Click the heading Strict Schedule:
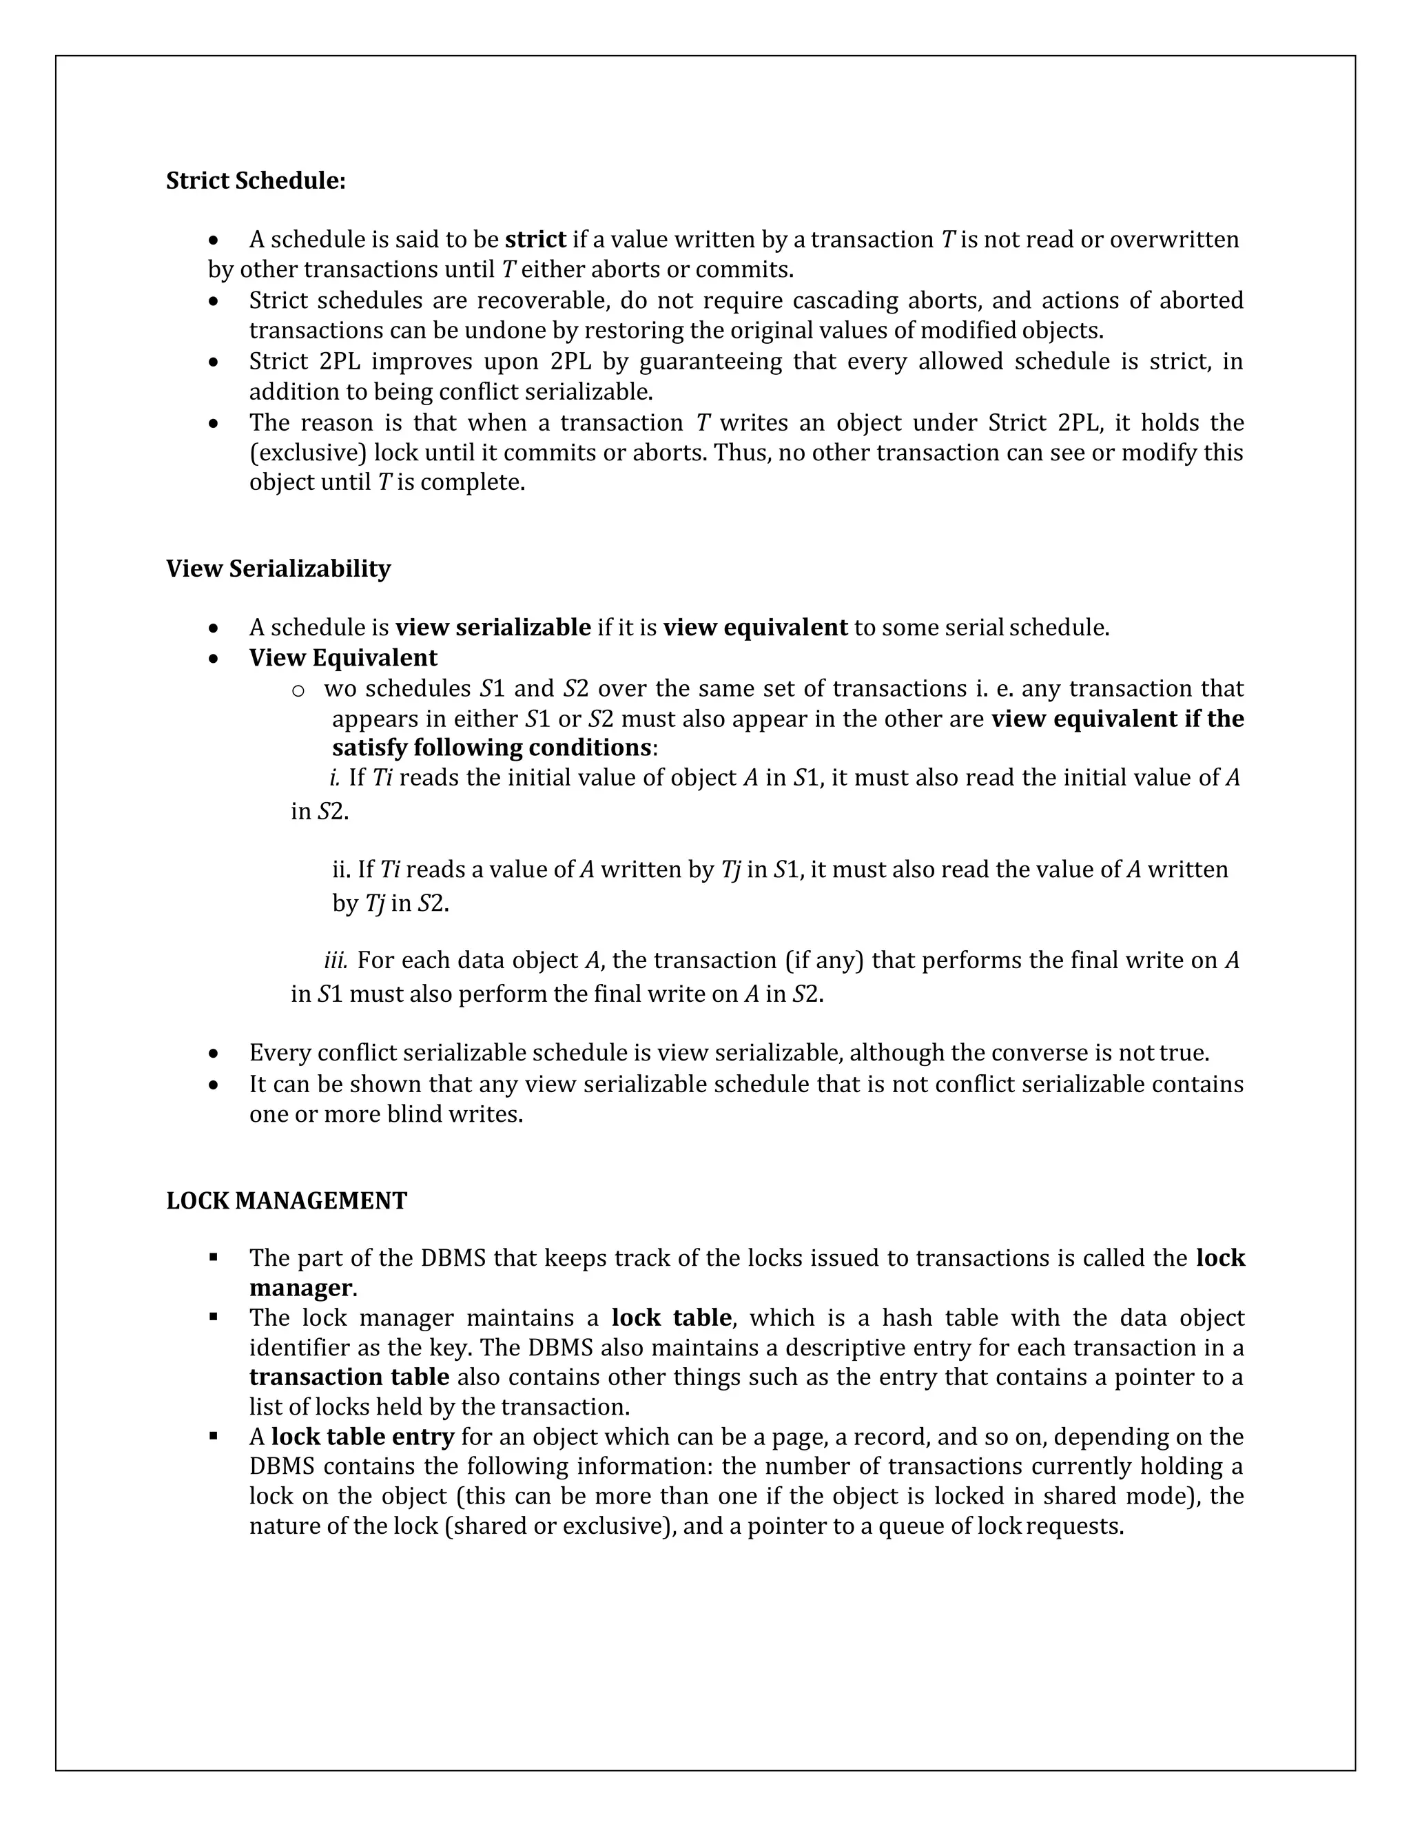256,181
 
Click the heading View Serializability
278,568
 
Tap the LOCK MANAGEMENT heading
287,1200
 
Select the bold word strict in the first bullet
536,240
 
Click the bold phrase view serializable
493,628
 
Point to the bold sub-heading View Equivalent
342,658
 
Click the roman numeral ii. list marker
341,870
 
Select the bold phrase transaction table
349,1377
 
